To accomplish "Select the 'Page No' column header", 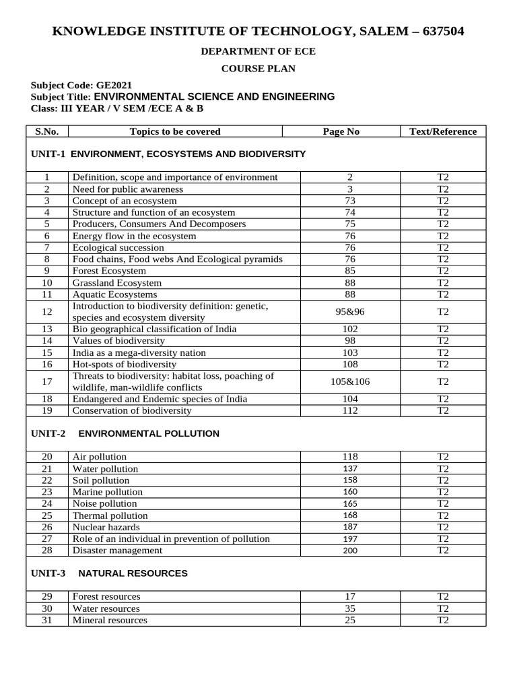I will click(341, 131).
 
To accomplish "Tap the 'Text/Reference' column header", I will click(442, 131).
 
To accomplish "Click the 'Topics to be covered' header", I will click(174, 131).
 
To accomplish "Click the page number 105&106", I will click(350, 381).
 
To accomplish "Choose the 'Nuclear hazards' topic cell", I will click(106, 527).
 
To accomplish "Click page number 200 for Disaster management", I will click(350, 550).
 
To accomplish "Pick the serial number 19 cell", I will click(47, 410).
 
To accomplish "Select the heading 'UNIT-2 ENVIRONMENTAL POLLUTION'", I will click(125, 433).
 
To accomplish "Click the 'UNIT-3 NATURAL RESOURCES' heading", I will click(110, 573).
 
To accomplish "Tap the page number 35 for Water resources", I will click(350, 608).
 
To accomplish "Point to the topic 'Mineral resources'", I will click(110, 620).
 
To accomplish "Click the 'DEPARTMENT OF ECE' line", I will click(258, 51).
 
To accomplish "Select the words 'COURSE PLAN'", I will click(258, 68).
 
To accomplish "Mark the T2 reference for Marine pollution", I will click(442, 492).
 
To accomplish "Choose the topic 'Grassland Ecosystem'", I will click(117, 283).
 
